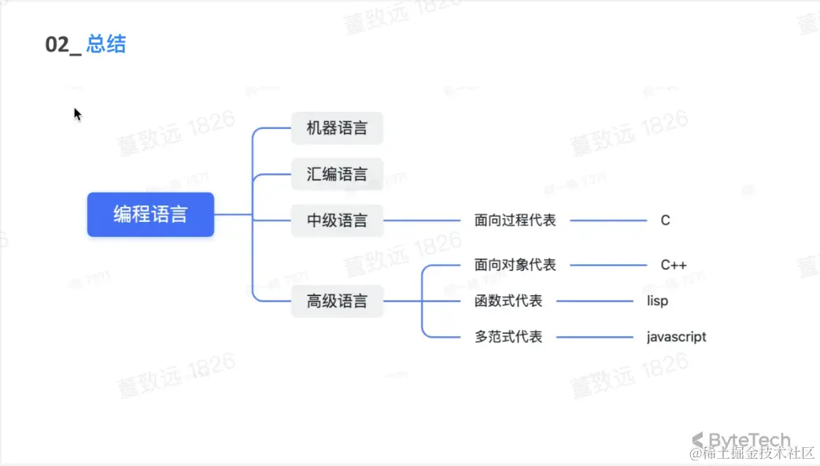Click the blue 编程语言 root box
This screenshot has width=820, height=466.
point(150,214)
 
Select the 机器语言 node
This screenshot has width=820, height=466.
point(337,128)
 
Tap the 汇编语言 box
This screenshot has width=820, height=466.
point(337,174)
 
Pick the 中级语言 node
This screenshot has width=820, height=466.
point(337,220)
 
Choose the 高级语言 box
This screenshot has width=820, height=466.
point(337,301)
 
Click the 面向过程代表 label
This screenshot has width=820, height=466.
point(515,220)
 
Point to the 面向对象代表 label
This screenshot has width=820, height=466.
point(515,265)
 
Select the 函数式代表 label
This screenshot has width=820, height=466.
point(508,301)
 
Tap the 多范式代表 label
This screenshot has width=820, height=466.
point(508,337)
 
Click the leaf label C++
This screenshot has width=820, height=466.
point(674,265)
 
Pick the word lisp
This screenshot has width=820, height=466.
point(657,301)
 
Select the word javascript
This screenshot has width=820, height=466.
point(676,337)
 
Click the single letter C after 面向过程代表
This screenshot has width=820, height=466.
point(665,220)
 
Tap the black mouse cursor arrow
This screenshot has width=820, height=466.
point(77,114)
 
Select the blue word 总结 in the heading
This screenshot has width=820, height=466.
point(106,44)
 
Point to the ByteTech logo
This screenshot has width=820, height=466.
point(741,440)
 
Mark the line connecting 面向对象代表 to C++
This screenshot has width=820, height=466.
point(608,265)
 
